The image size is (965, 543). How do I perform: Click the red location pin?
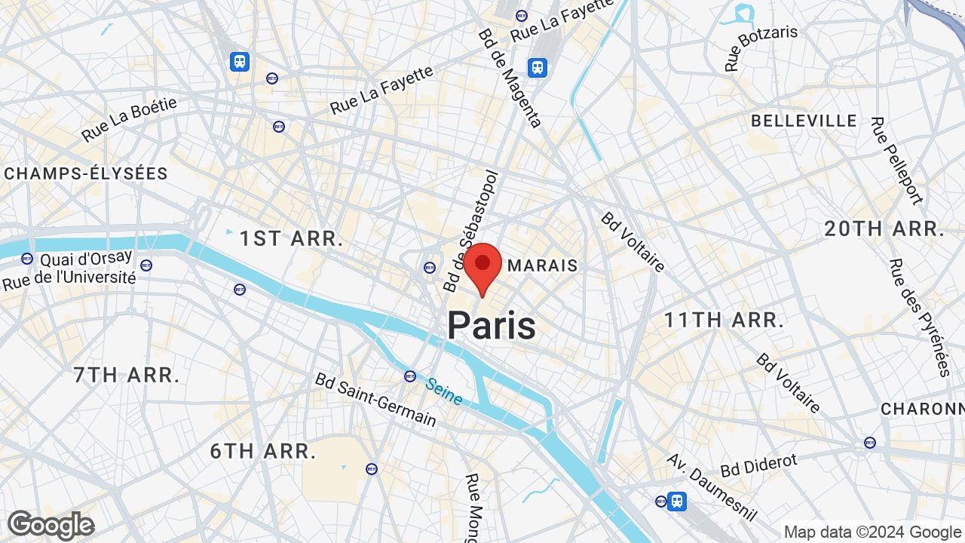pos(482,265)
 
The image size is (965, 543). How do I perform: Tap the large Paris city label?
pos(492,325)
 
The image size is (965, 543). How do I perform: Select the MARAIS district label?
pos(543,265)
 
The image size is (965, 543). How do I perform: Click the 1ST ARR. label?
pos(292,239)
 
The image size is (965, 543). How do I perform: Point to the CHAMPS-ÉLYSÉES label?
pos(86,173)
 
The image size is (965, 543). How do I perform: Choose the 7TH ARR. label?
pos(127,375)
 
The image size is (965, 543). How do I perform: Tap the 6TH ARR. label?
pos(263,451)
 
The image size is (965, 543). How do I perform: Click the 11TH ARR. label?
pos(724,320)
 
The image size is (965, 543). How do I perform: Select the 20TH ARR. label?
pos(884,229)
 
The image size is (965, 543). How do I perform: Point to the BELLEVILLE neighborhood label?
pos(804,121)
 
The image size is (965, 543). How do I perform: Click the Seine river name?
pos(443,391)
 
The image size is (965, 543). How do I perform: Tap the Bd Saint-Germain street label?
pos(375,399)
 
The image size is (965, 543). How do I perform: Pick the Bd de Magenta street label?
pos(510,78)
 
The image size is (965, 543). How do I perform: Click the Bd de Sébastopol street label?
pos(471,230)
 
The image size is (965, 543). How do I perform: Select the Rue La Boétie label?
pos(129,119)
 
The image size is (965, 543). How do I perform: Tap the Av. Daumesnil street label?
pos(712,486)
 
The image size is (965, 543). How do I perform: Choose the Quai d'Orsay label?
pos(86,259)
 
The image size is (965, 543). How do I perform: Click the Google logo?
pos(51,525)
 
